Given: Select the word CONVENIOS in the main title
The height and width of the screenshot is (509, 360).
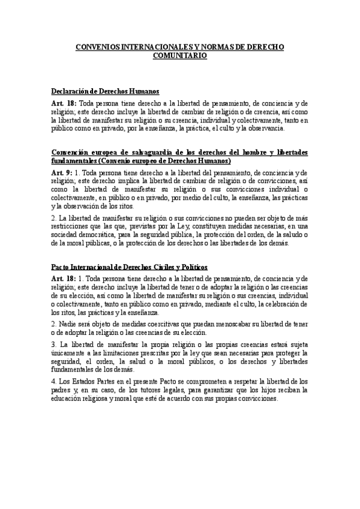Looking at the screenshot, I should (98, 46).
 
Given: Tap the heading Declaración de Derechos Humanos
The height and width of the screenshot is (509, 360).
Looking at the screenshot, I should (105, 92).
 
